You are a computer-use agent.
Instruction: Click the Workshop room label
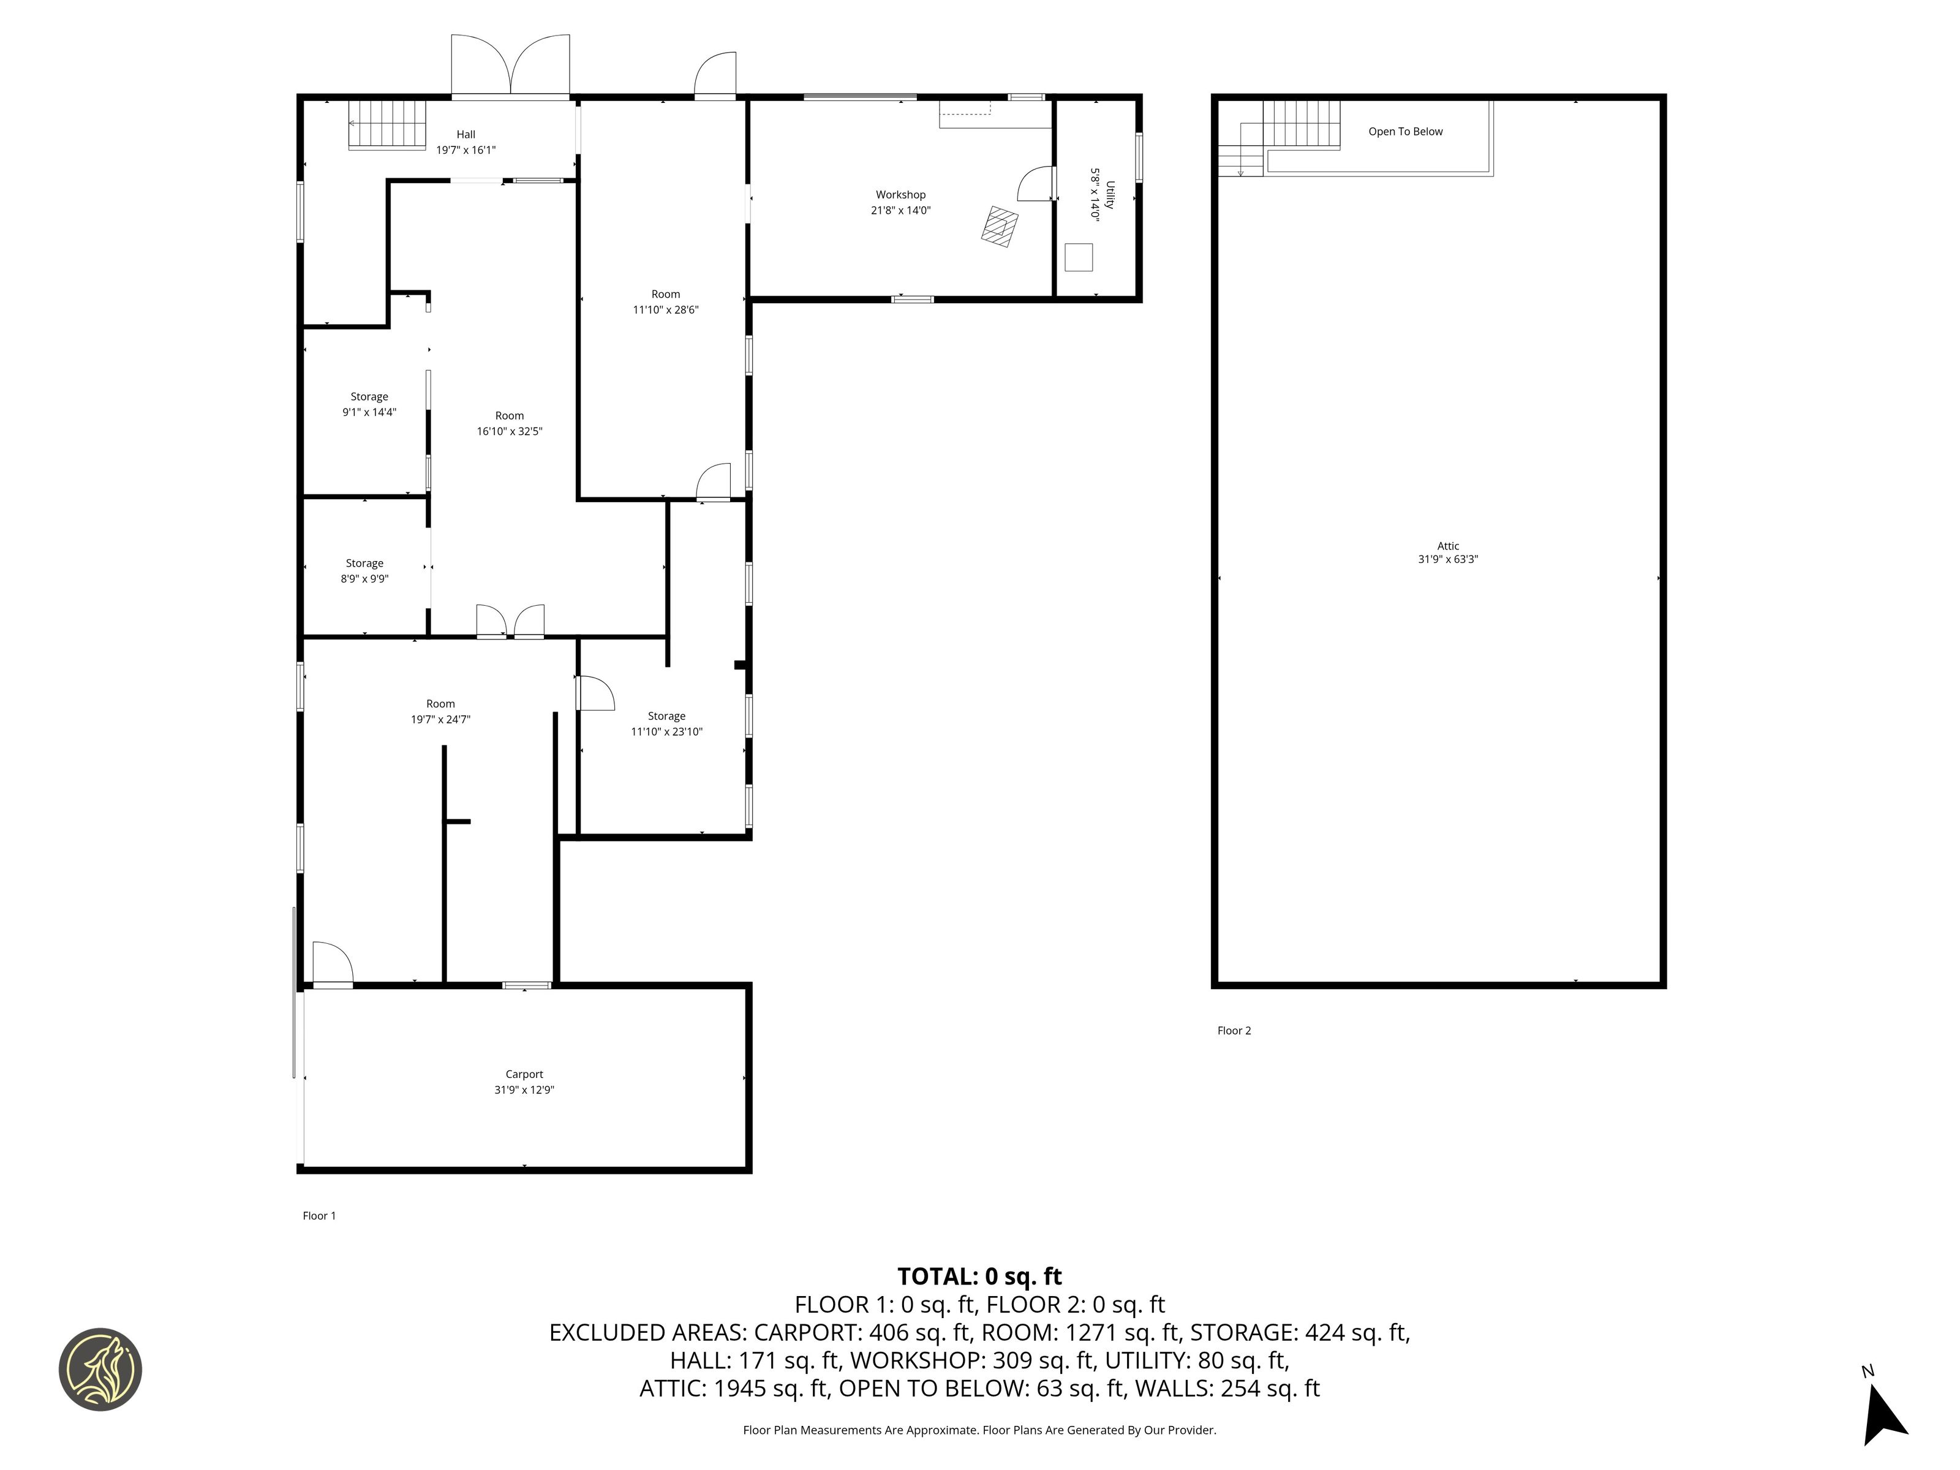click(x=900, y=195)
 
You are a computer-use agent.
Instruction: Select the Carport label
click(x=524, y=1074)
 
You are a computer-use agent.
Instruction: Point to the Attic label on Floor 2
click(x=1448, y=546)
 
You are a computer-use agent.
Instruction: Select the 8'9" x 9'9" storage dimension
click(x=365, y=579)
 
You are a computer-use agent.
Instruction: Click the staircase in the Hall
click(x=387, y=125)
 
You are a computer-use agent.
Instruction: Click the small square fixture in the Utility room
click(x=1079, y=257)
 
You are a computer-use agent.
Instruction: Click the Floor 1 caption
click(x=319, y=1216)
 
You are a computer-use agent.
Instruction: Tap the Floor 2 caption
click(x=1234, y=1030)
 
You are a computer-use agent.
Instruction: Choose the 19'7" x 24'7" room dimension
click(x=440, y=720)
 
